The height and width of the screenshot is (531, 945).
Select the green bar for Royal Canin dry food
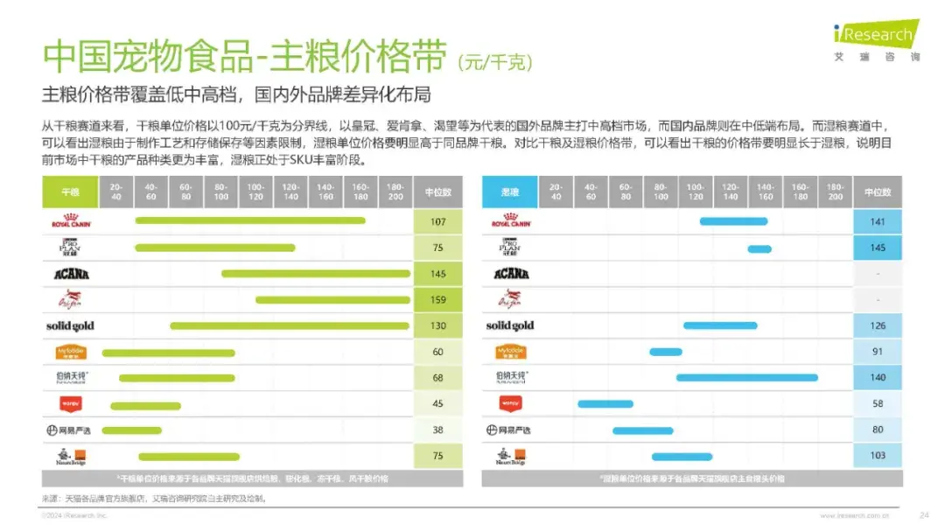tap(250, 221)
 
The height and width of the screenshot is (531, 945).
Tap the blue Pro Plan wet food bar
tap(759, 248)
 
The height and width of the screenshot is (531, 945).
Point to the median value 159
tap(437, 300)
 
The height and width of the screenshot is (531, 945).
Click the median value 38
tap(437, 430)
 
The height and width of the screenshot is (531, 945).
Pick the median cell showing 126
tap(878, 326)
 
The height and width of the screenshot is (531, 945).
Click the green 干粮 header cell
tap(70, 192)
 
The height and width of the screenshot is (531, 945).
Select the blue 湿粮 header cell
tap(510, 192)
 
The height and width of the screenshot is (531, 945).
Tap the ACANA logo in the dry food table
tap(71, 274)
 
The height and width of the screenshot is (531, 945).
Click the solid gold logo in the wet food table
tap(510, 325)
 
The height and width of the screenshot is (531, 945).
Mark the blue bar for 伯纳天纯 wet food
tap(746, 378)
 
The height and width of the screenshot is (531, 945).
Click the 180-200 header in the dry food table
tap(395, 192)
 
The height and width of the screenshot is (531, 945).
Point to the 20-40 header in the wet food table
tap(556, 192)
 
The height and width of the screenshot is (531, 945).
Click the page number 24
tap(924, 515)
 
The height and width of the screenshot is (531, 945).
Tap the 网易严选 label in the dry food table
tap(70, 430)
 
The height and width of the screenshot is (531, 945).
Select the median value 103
tap(878, 456)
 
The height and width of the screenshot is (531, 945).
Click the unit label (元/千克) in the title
tap(495, 62)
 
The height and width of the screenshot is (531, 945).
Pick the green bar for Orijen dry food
tap(332, 300)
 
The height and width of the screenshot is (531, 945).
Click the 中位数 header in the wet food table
tap(878, 192)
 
